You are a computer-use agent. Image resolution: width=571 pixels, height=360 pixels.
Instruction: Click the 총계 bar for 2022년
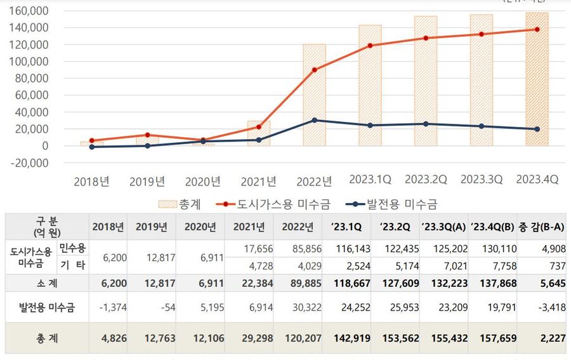click(x=314, y=95)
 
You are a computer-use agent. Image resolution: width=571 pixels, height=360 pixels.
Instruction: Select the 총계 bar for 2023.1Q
click(x=370, y=86)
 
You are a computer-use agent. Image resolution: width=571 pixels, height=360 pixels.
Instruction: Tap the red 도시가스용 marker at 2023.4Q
click(x=537, y=29)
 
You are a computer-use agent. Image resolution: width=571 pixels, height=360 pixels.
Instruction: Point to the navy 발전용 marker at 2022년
click(x=314, y=120)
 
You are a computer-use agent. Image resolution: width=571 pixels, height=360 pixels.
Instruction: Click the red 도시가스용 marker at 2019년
click(x=147, y=135)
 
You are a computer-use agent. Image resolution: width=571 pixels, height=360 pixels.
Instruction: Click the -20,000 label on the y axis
click(x=29, y=163)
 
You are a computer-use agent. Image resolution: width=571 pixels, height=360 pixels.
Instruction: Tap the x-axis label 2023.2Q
click(x=426, y=180)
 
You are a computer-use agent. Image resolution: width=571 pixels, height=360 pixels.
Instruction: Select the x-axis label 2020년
click(x=203, y=182)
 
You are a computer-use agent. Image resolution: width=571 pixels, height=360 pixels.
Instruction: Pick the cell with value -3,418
click(x=549, y=309)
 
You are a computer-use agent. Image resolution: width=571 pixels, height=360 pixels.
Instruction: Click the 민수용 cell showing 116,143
click(x=354, y=249)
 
